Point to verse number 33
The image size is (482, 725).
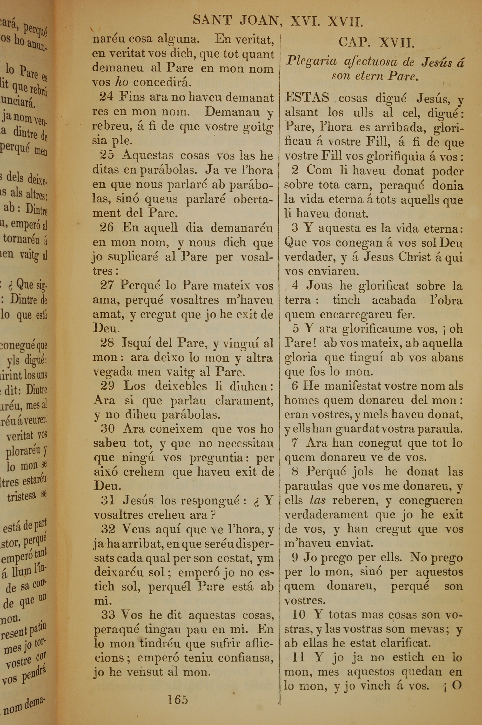coord(108,615)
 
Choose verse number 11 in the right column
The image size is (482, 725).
coord(298,657)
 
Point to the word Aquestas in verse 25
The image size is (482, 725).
coord(147,155)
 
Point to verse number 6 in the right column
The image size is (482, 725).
coord(295,386)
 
